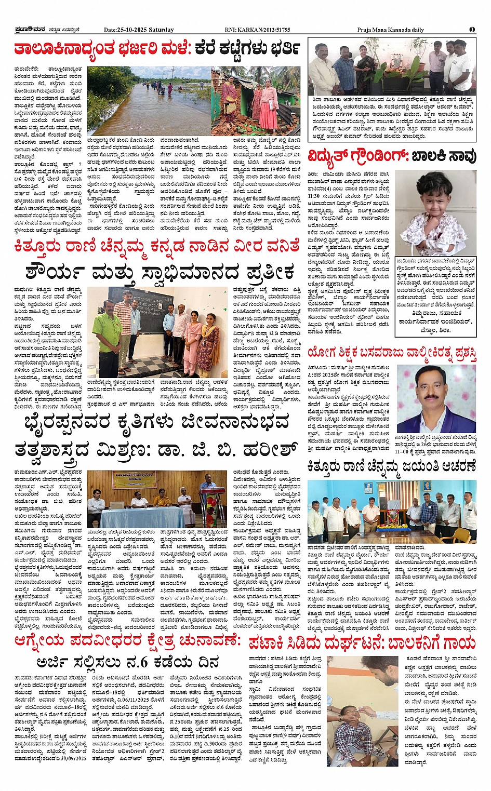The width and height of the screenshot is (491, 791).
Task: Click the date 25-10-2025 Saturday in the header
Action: [x=139, y=30]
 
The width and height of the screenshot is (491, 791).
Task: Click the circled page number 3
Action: [x=472, y=30]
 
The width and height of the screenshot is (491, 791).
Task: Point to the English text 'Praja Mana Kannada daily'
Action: [x=391, y=30]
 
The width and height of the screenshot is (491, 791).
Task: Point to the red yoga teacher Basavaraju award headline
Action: [x=392, y=353]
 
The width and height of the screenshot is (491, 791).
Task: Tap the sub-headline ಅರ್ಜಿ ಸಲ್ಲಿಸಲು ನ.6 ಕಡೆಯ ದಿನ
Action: [x=128, y=662]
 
